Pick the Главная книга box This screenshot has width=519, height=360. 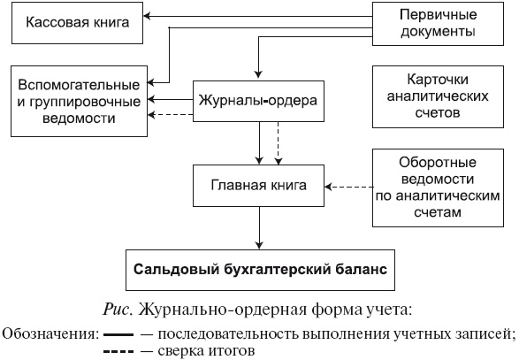258,186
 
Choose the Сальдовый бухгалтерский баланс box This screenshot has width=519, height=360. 260,268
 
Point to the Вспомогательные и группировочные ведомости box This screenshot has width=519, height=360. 80,101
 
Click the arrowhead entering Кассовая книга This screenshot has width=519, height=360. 149,16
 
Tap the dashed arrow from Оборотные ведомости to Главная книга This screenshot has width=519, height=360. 349,187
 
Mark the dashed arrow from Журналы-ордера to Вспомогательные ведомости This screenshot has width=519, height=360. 172,116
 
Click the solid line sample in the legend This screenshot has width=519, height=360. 118,334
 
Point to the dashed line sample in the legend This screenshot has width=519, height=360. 118,351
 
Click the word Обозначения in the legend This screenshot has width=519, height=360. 47,334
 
